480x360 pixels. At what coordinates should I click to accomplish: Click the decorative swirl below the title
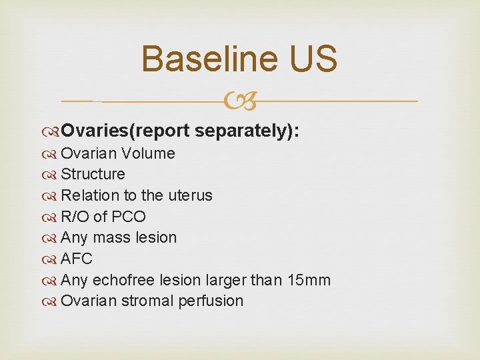coord(240,102)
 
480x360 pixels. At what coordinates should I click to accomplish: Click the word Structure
coord(93,175)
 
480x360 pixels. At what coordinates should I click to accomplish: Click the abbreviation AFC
coord(77,259)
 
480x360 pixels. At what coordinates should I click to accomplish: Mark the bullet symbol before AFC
coord(52,259)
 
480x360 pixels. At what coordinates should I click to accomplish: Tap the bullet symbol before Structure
coord(52,175)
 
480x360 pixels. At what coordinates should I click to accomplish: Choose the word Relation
coord(86,195)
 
